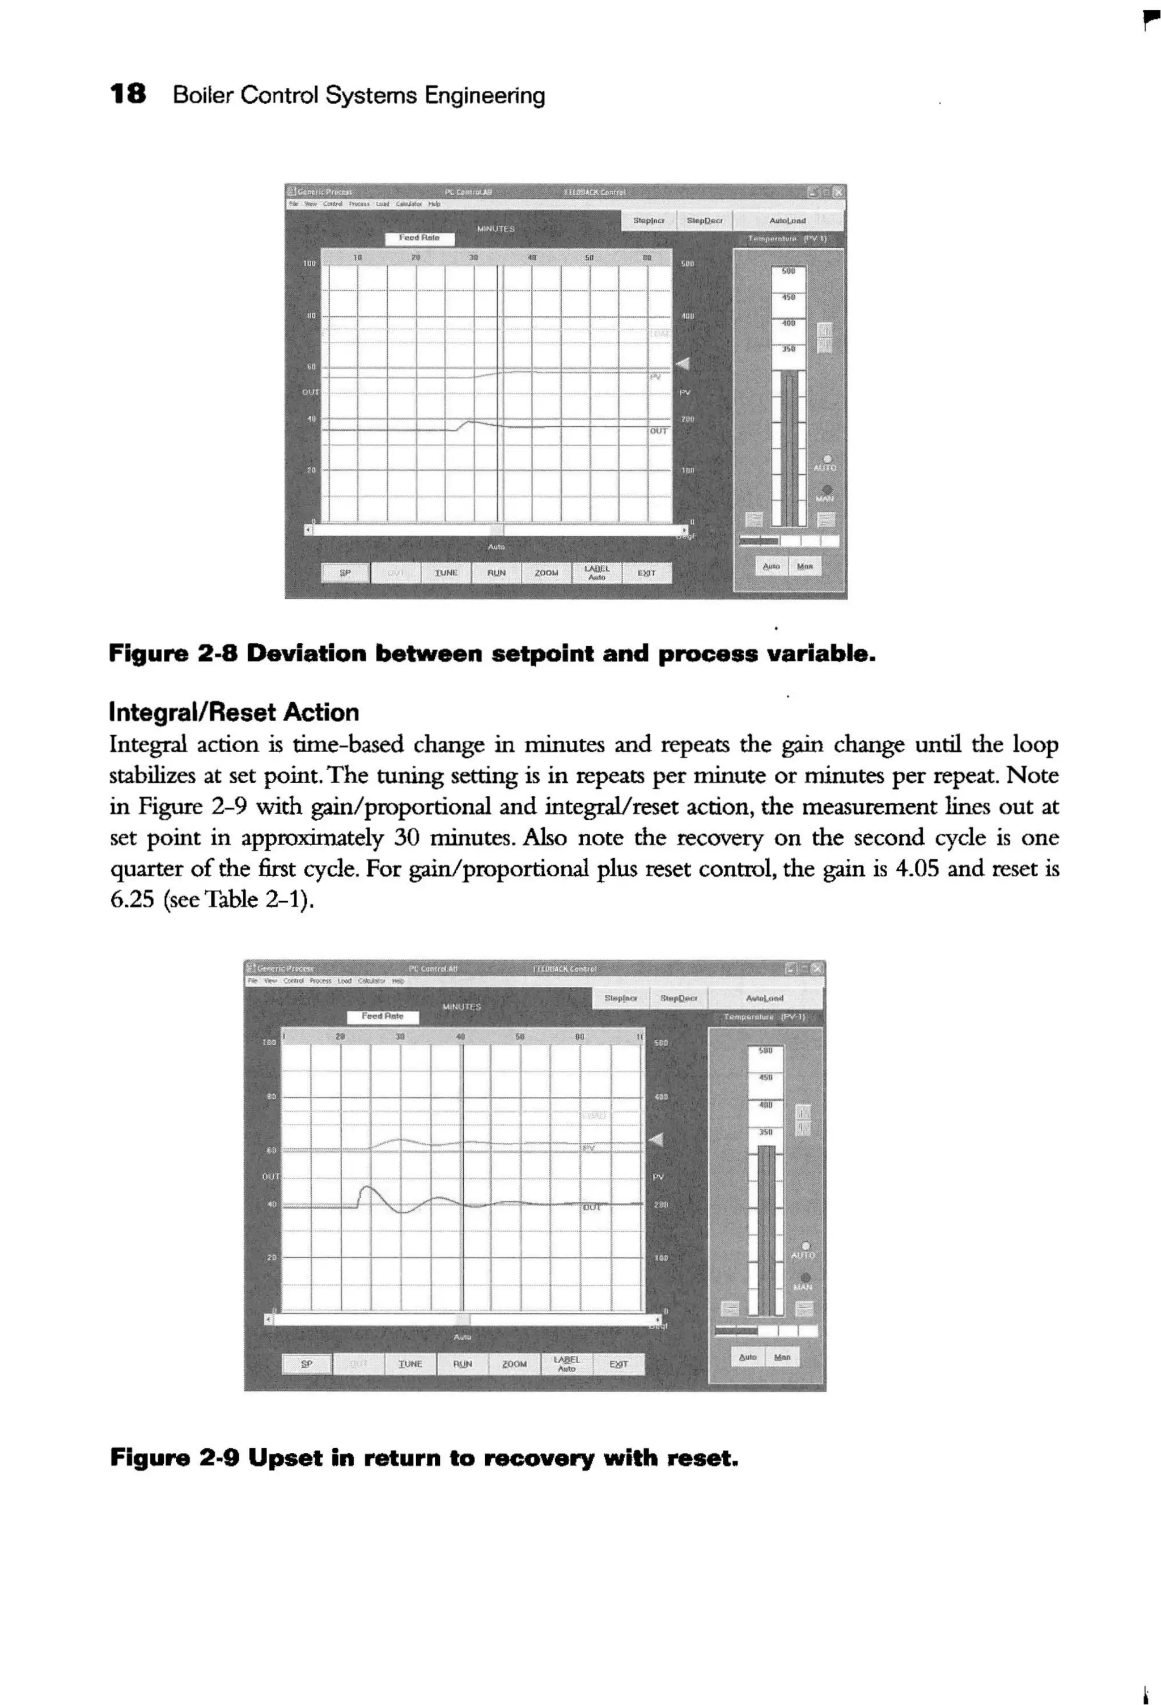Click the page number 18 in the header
(127, 95)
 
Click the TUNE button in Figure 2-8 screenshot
(446, 572)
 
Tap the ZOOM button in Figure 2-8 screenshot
(546, 572)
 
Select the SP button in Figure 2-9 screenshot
(307, 1364)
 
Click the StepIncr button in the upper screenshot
(648, 220)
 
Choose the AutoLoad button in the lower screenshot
(765, 998)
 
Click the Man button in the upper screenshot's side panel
(804, 566)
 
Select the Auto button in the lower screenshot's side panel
(747, 1357)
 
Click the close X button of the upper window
(838, 192)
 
